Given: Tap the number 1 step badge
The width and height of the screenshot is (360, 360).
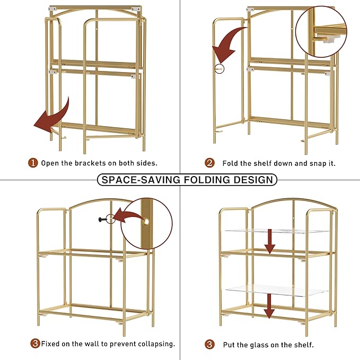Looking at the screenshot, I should click(x=33, y=163).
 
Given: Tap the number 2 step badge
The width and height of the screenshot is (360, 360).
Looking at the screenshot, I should click(x=210, y=163).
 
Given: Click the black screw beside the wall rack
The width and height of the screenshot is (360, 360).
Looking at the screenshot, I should click(x=100, y=219).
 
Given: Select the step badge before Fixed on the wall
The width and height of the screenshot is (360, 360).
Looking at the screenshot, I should click(x=35, y=344).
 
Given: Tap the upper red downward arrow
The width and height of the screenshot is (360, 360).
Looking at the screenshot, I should click(x=270, y=241).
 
